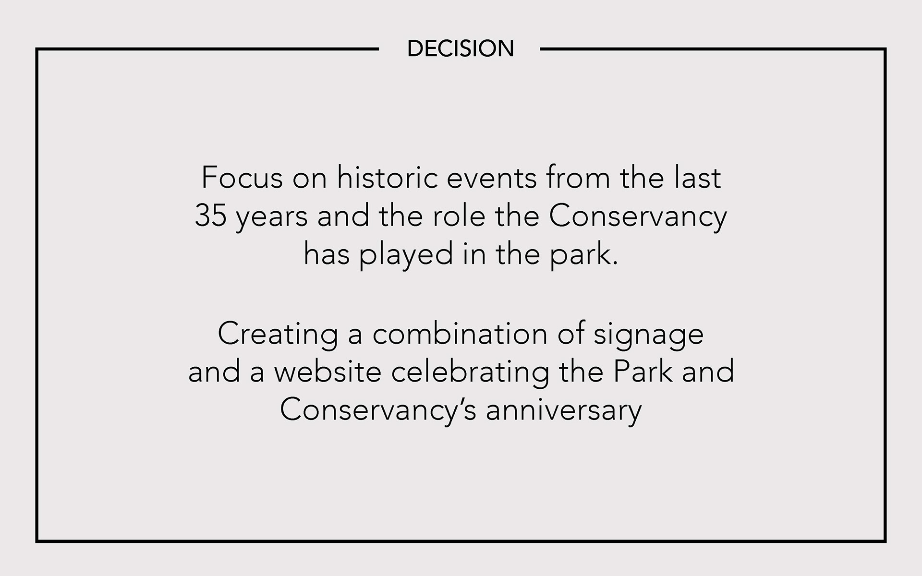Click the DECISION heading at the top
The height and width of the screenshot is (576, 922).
click(x=461, y=48)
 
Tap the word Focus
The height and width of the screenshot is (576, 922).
click(x=242, y=178)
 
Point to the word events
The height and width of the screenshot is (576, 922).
click(x=492, y=178)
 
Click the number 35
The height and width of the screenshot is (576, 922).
click(x=210, y=216)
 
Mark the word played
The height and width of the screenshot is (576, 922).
click(x=406, y=255)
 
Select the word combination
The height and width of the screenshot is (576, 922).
click(x=460, y=334)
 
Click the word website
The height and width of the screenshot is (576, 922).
click(x=328, y=372)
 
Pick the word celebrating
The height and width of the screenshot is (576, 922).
click(x=470, y=373)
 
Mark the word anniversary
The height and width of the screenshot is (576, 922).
click(x=564, y=412)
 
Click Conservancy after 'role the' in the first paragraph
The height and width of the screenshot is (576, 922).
click(x=638, y=217)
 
